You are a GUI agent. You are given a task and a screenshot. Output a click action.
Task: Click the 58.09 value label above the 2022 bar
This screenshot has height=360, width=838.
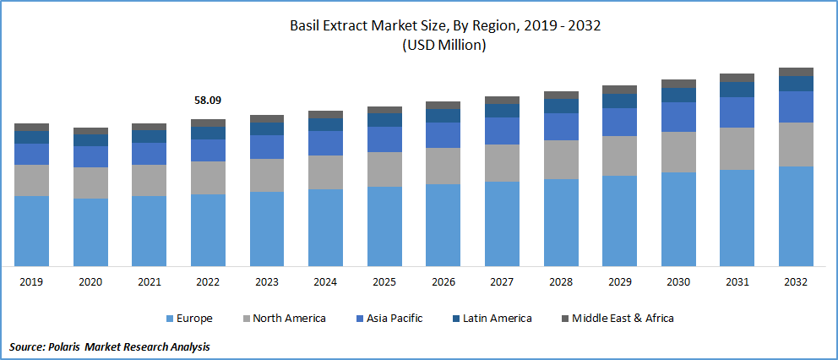click(208, 101)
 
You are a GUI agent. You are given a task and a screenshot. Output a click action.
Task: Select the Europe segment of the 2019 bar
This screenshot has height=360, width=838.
click(31, 231)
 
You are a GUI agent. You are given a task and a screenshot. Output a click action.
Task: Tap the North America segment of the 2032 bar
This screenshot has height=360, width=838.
click(796, 145)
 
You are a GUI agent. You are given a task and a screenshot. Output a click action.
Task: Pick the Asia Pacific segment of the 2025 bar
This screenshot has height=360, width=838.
click(384, 139)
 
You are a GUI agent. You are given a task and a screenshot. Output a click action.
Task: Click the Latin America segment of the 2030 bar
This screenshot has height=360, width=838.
click(678, 95)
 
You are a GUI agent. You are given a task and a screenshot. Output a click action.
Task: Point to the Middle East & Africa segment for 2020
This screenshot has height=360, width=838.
click(90, 131)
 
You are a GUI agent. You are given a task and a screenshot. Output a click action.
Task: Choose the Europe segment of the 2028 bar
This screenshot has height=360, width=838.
click(561, 222)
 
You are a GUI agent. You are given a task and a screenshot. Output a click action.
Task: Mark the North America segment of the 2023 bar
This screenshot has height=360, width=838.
click(267, 175)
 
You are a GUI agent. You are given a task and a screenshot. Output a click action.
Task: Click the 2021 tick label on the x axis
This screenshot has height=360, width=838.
click(149, 281)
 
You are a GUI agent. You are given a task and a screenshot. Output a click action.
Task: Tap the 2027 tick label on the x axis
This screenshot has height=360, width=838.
click(502, 281)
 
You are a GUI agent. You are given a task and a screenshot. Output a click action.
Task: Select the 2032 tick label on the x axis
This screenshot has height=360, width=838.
click(796, 281)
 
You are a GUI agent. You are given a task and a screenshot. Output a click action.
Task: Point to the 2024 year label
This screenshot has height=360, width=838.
click(325, 281)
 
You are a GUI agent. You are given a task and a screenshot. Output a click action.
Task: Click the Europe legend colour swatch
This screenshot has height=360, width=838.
click(169, 319)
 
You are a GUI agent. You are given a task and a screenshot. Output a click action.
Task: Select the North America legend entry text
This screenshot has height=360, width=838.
click(290, 319)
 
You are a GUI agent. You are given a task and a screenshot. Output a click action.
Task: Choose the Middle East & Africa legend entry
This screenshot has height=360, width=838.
click(623, 319)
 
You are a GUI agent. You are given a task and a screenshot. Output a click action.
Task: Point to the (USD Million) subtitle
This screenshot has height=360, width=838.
click(419, 46)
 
